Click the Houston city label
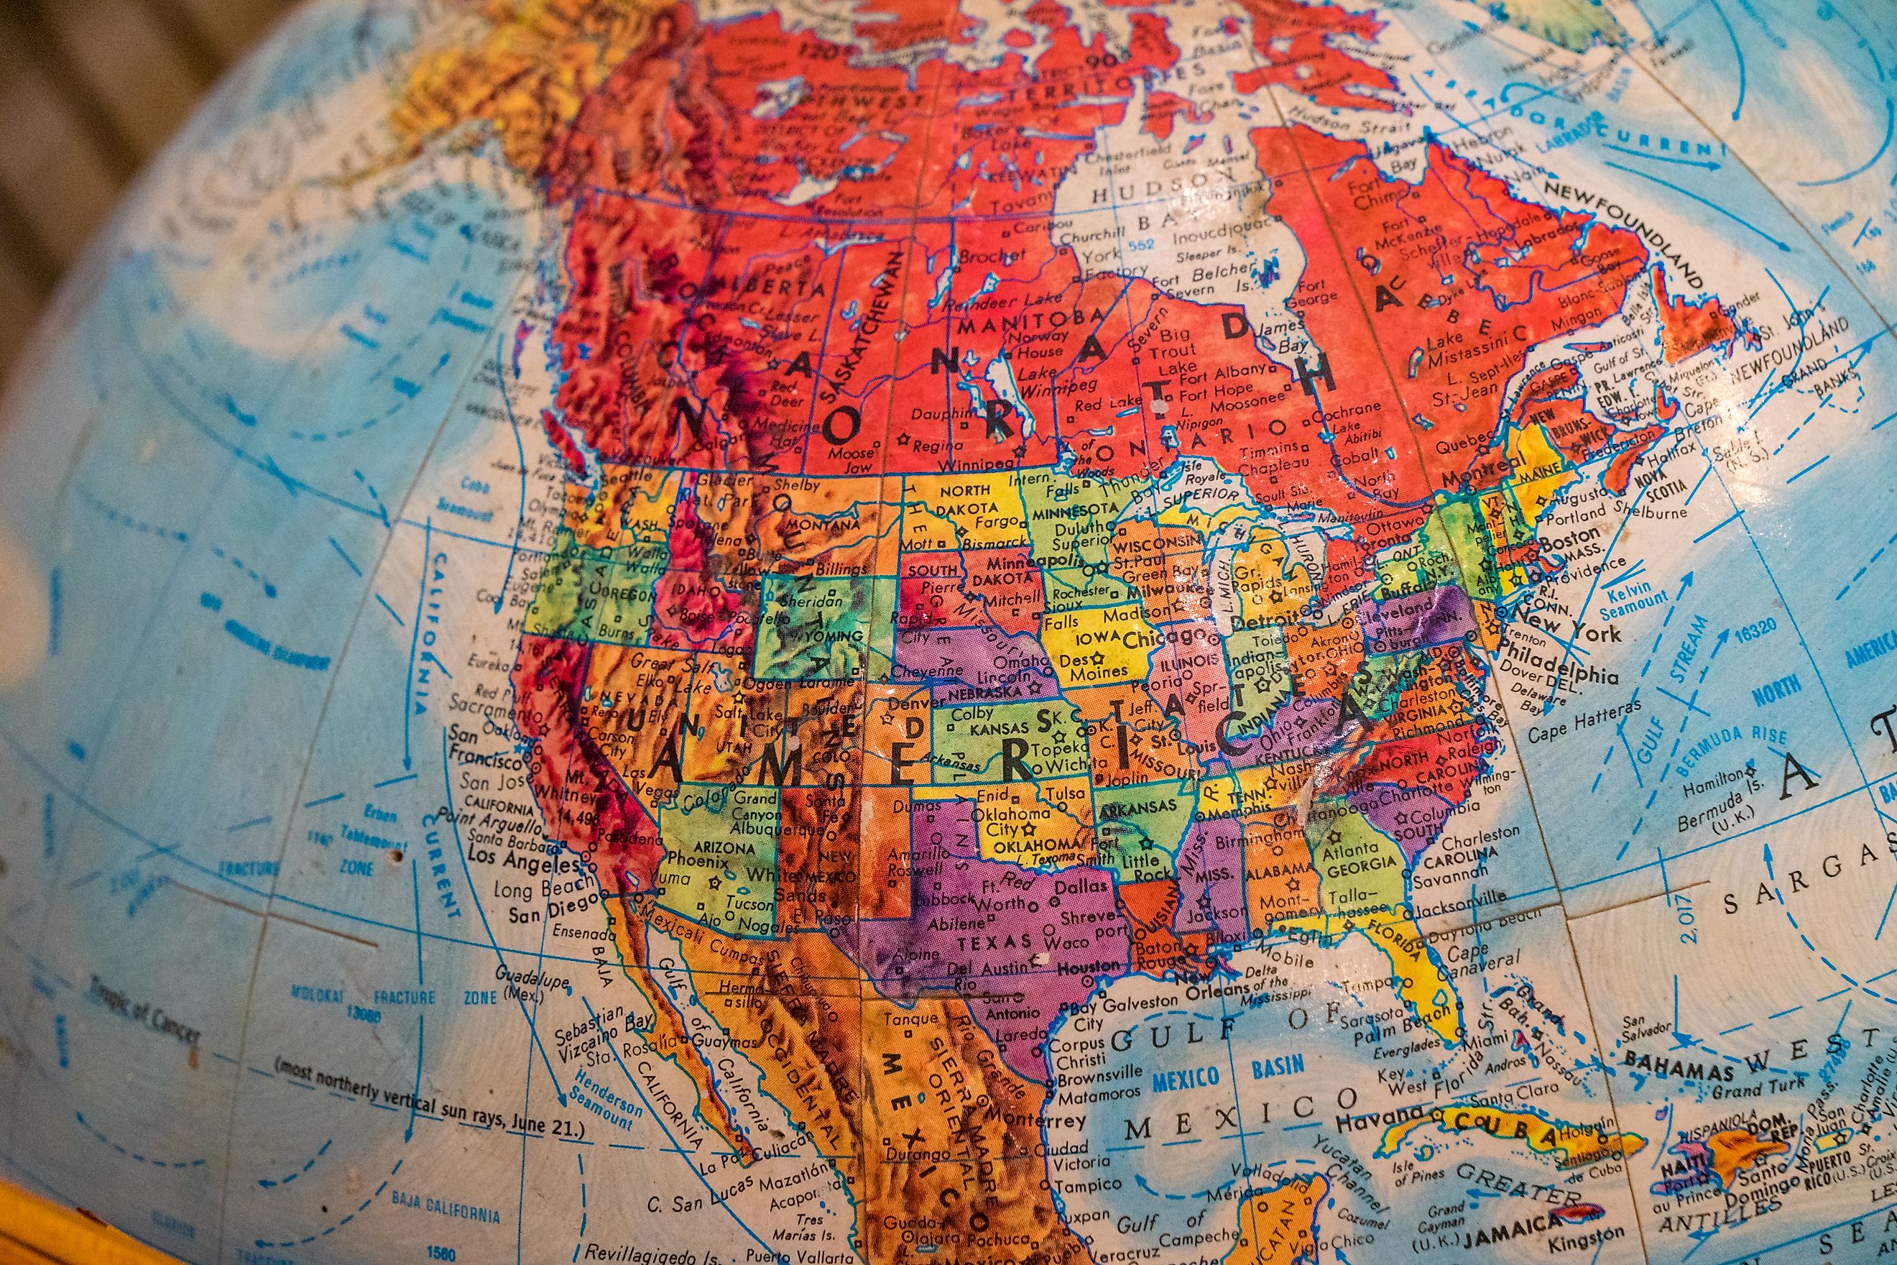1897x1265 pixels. [1088, 966]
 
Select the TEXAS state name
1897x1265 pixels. [994, 942]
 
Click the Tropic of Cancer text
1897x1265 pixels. [144, 1007]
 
